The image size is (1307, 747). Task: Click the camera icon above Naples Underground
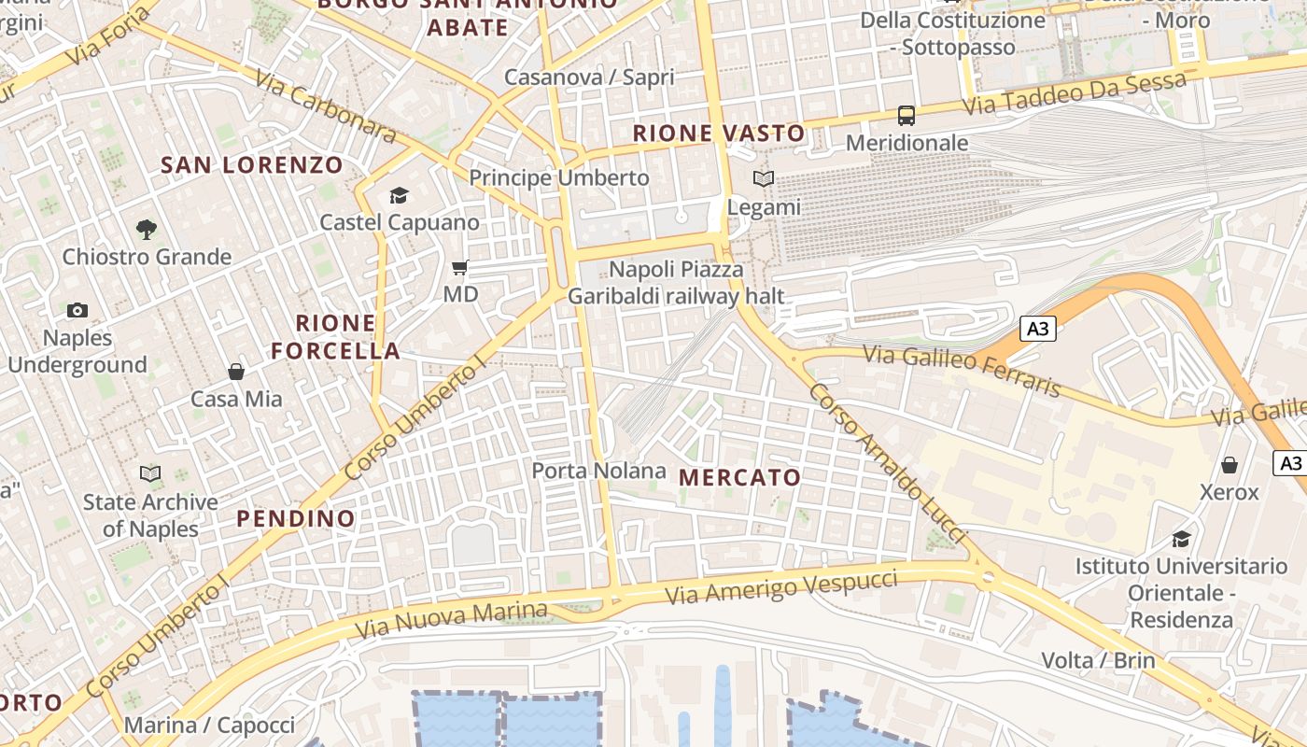[77, 310]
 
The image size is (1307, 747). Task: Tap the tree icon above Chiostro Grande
[146, 228]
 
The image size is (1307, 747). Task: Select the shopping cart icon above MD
[459, 268]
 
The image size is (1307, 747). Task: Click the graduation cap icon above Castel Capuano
[400, 195]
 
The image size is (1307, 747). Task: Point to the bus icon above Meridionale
[906, 116]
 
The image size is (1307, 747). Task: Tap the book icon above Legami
[764, 179]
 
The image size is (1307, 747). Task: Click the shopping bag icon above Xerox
[1230, 464]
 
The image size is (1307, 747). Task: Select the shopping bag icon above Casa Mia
[236, 372]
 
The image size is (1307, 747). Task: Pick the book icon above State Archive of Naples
[150, 473]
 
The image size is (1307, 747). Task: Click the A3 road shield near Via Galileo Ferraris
[1038, 329]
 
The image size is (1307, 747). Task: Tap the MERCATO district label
[739, 478]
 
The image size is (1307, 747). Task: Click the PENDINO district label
[295, 518]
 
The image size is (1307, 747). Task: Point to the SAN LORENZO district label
[252, 166]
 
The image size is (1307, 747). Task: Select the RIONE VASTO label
[719, 134]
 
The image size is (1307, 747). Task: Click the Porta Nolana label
[598, 471]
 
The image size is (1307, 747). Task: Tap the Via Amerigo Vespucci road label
[780, 587]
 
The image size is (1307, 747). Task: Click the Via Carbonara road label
[325, 109]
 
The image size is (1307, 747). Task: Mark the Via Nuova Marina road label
[451, 619]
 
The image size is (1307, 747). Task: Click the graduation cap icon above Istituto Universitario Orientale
[1181, 539]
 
